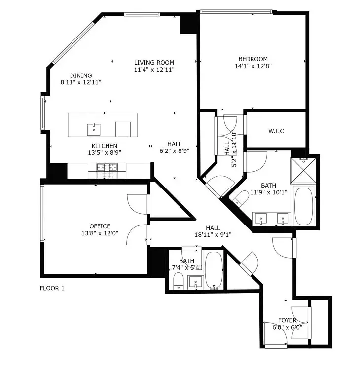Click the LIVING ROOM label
(x=154, y=63)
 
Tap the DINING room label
(x=81, y=75)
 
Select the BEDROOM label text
(x=252, y=58)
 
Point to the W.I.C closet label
(x=276, y=131)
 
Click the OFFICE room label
(x=100, y=226)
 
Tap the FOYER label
(x=287, y=320)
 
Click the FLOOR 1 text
(x=52, y=288)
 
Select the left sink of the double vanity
(x=261, y=217)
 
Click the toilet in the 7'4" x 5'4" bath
(x=178, y=282)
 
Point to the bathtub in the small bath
(x=214, y=270)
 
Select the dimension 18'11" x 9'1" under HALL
(x=213, y=235)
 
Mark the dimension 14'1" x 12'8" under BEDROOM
(x=252, y=66)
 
